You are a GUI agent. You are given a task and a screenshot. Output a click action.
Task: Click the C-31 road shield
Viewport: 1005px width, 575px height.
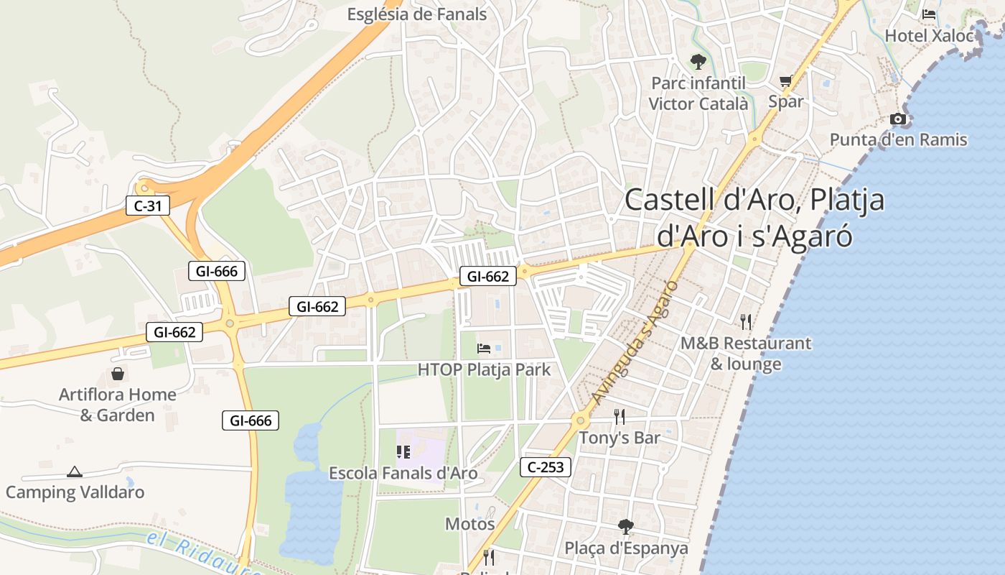click(x=148, y=206)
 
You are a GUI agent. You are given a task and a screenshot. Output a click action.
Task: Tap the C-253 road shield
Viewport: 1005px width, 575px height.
click(x=546, y=467)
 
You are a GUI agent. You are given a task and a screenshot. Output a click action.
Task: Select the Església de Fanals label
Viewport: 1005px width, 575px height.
click(x=416, y=14)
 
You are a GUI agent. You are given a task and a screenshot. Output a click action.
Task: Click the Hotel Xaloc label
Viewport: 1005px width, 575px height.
click(x=929, y=35)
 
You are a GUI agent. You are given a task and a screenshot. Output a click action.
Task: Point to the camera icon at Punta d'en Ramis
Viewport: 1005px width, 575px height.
click(x=898, y=119)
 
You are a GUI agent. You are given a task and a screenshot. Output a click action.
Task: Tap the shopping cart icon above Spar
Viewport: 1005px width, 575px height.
click(x=786, y=81)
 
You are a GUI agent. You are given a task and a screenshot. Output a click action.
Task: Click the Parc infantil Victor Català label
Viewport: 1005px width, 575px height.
click(x=698, y=93)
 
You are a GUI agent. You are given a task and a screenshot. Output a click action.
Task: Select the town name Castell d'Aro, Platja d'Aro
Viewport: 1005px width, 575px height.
click(x=754, y=218)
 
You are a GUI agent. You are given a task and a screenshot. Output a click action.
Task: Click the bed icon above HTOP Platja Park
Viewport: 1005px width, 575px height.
click(x=484, y=349)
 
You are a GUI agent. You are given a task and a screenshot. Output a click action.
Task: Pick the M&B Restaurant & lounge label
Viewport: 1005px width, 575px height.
click(x=746, y=353)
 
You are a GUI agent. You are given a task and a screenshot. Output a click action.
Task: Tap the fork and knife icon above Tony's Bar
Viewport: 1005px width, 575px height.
click(x=620, y=416)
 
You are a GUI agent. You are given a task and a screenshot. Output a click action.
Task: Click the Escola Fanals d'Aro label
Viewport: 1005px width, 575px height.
click(x=403, y=473)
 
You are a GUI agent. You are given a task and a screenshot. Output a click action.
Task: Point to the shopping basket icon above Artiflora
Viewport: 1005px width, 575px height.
click(x=118, y=374)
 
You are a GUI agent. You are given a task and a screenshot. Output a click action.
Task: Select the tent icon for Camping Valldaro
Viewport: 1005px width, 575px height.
click(x=74, y=471)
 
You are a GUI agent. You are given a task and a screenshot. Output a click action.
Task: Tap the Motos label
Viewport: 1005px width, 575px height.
click(x=470, y=523)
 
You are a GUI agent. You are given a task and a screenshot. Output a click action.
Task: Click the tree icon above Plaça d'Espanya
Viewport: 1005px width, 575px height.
click(x=626, y=527)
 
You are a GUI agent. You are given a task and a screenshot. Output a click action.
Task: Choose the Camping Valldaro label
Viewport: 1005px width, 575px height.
click(x=75, y=492)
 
